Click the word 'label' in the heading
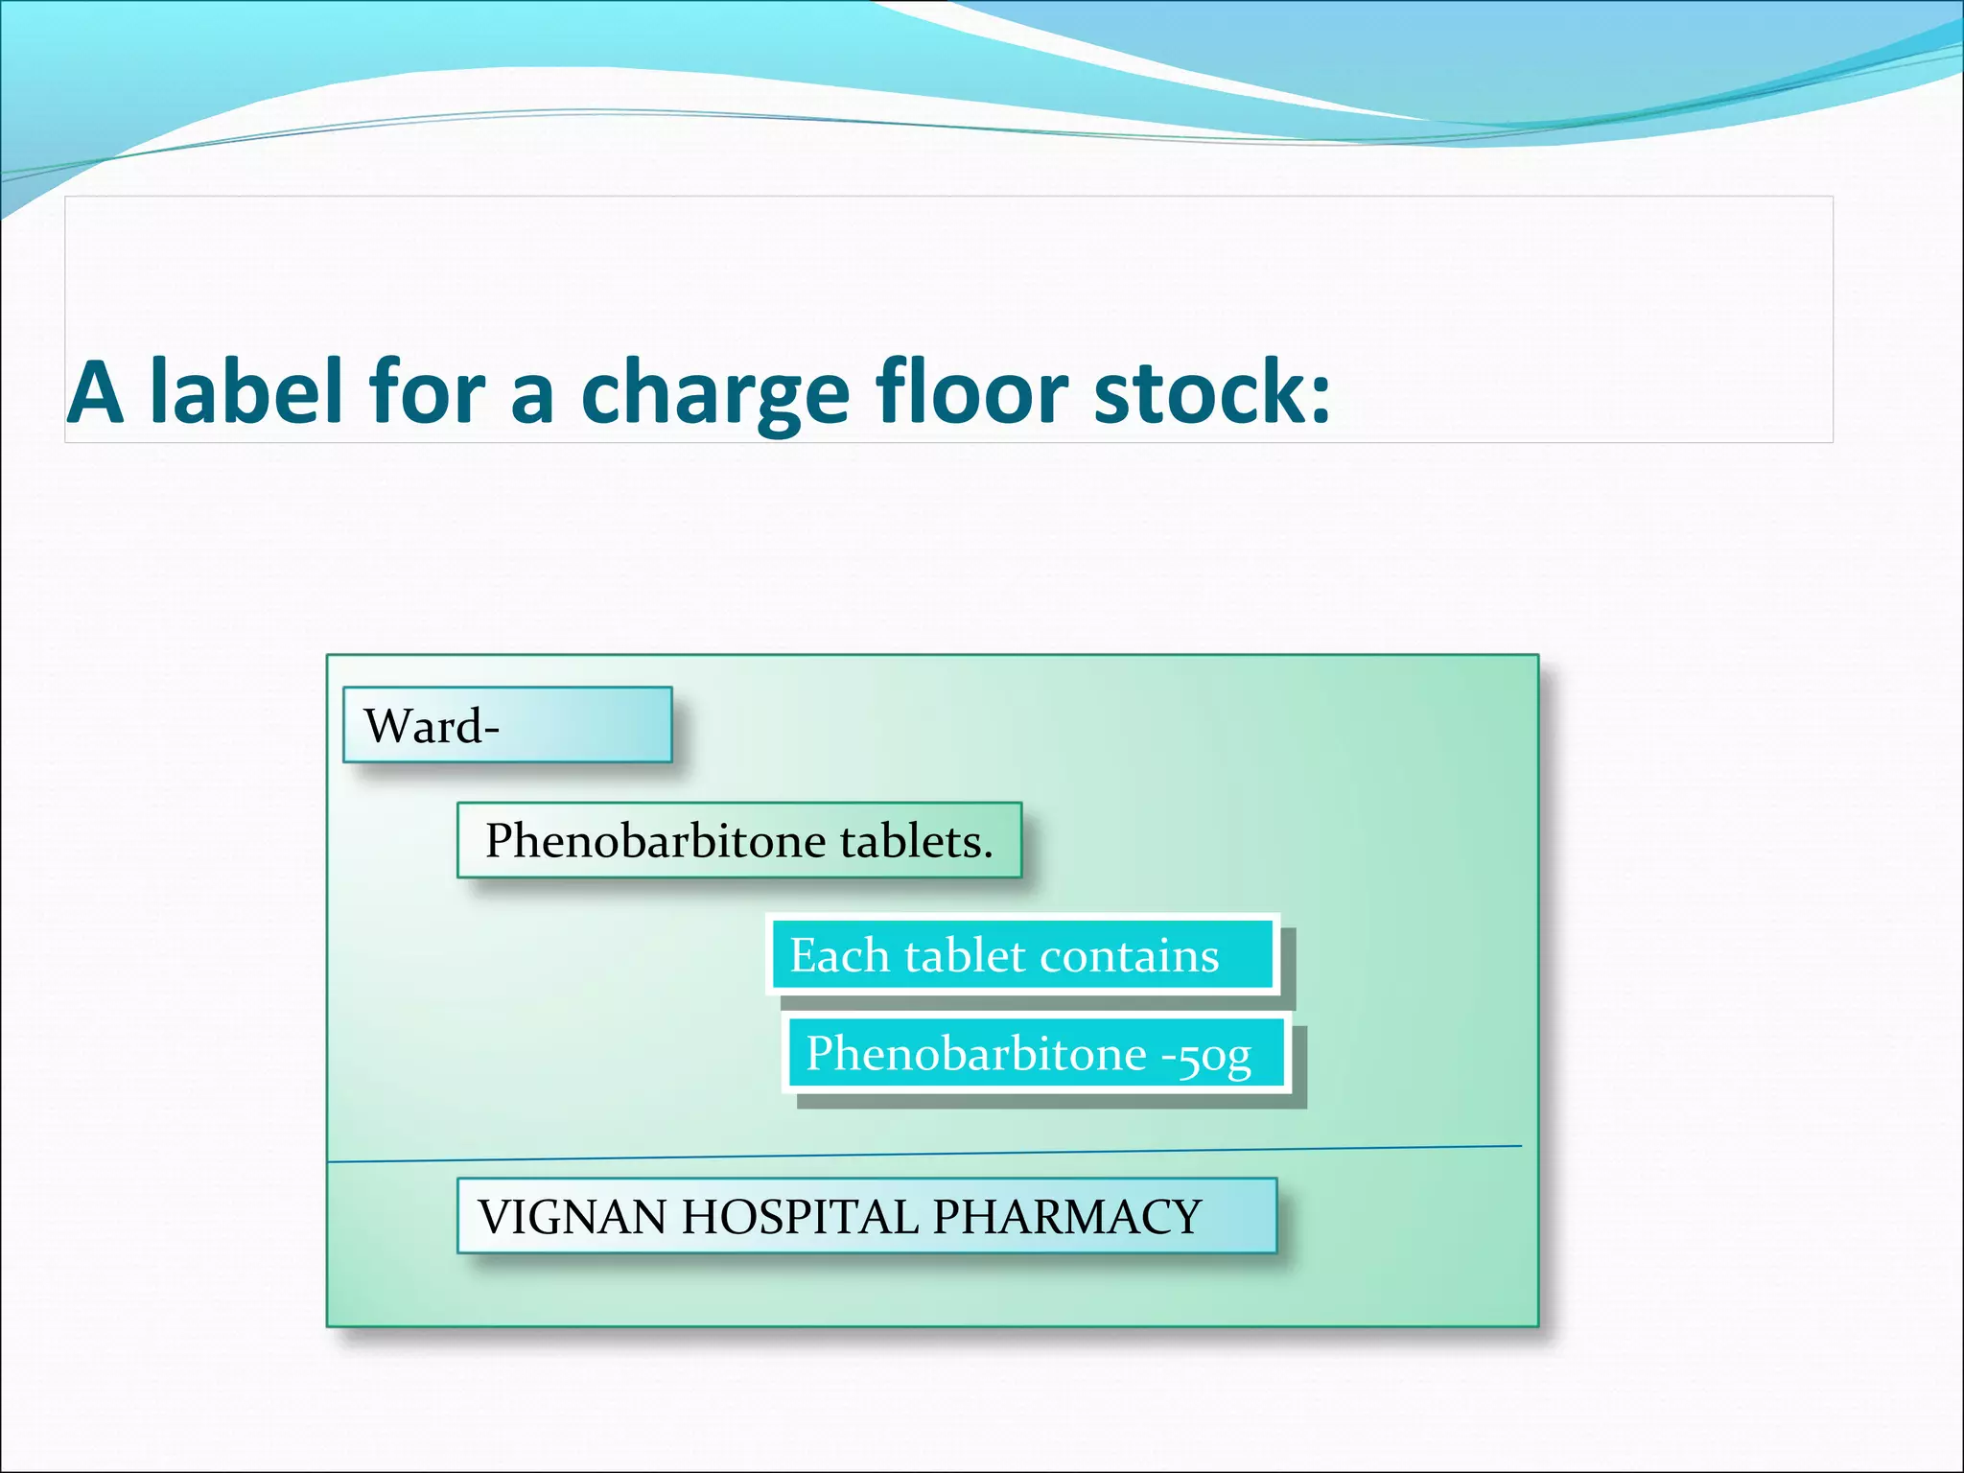pyautogui.click(x=247, y=391)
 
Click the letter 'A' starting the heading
pyautogui.click(x=96, y=393)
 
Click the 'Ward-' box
pyautogui.click(x=506, y=725)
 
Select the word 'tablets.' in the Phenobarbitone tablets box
pyautogui.click(x=916, y=841)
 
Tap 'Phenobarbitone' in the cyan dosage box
pyautogui.click(x=975, y=1054)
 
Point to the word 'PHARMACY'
pyautogui.click(x=1066, y=1217)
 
